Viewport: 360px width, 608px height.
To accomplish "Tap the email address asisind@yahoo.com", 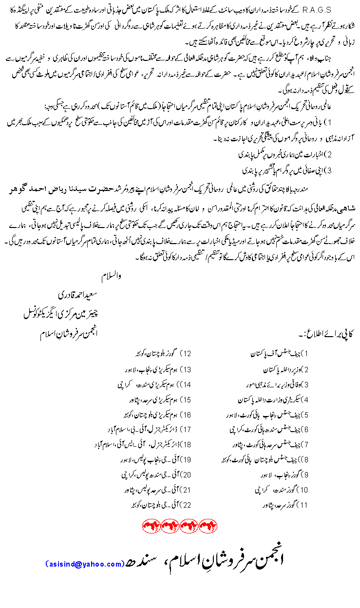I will coord(85,564).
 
